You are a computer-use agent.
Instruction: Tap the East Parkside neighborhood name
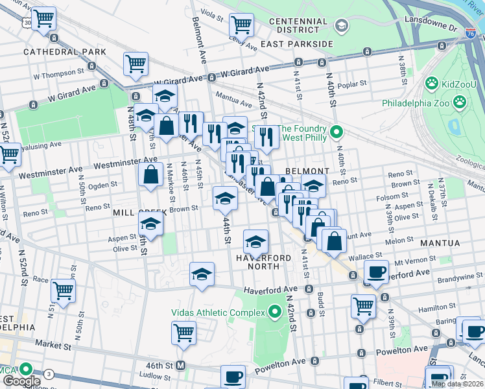[x=296, y=44]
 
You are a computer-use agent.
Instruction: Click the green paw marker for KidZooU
[x=431, y=84]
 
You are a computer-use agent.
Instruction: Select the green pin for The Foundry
[x=336, y=133]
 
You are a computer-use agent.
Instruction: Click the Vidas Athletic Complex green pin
[x=274, y=312]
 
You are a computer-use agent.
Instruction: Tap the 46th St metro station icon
[x=181, y=365]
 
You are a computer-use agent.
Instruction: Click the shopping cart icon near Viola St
[x=241, y=25]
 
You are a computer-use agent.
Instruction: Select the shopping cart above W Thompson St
[x=136, y=63]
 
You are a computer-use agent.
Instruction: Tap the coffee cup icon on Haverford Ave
[x=376, y=272]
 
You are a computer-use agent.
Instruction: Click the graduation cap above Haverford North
[x=255, y=241]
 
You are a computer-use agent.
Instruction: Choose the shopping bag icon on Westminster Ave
[x=150, y=174]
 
